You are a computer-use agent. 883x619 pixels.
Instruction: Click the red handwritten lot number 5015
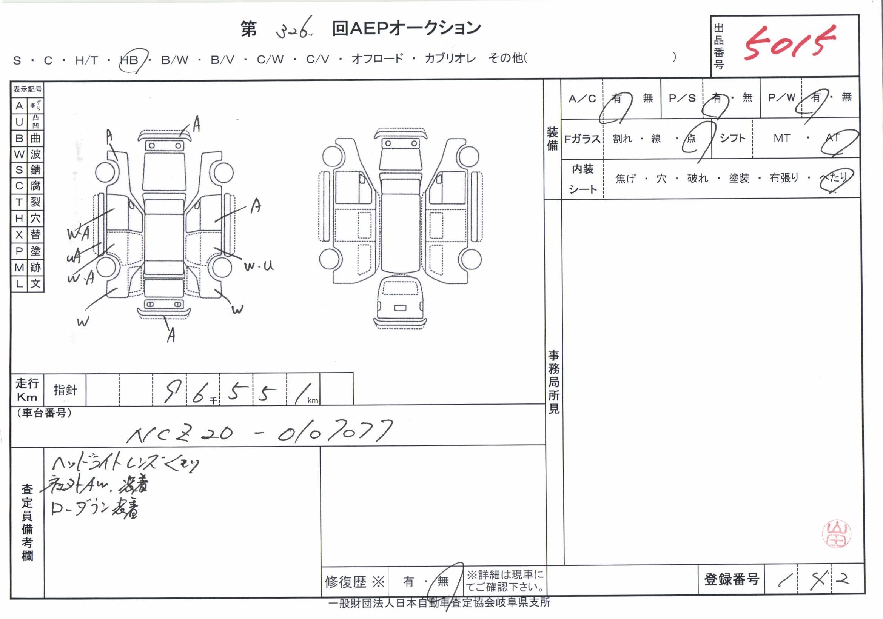click(788, 43)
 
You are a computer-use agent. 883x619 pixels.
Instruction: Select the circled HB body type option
click(129, 60)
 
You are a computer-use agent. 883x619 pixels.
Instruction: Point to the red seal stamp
click(837, 534)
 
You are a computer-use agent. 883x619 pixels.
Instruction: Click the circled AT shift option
click(833, 138)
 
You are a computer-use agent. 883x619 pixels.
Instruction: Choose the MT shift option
click(782, 138)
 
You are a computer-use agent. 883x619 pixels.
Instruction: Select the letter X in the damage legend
click(19, 235)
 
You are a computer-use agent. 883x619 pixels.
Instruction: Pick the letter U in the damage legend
click(19, 122)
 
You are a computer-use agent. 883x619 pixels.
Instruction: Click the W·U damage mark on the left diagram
click(259, 266)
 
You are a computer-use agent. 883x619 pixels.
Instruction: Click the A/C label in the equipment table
click(582, 99)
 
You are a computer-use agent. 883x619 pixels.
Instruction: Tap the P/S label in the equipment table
click(682, 99)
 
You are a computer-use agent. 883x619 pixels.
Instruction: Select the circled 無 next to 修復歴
click(443, 581)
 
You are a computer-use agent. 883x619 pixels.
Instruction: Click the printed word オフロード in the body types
click(377, 59)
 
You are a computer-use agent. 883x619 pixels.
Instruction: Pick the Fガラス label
click(582, 139)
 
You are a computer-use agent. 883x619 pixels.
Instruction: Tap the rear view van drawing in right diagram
click(400, 304)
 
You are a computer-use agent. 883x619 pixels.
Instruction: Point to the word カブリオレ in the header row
click(450, 59)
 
